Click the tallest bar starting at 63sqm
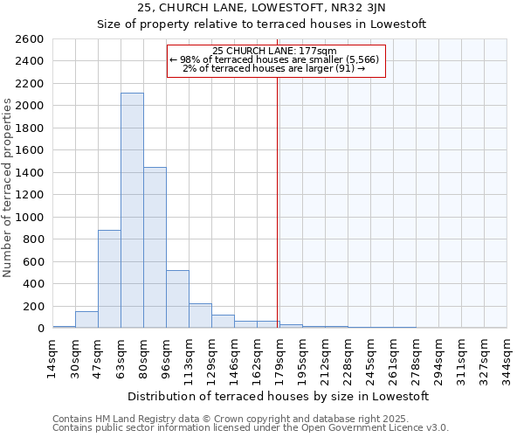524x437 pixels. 132,210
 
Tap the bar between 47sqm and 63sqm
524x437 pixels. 109,279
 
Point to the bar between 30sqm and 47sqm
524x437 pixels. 86,320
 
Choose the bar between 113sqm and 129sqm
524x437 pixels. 200,316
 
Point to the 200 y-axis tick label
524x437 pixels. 34,306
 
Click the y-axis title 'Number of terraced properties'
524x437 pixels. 9,188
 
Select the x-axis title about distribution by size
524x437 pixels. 279,396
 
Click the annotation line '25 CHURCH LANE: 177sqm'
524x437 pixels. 274,51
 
